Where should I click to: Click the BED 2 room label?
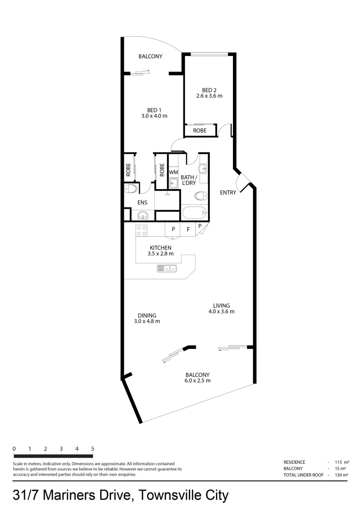[209, 90]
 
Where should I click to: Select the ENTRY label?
[228, 192]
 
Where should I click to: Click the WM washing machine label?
[173, 172]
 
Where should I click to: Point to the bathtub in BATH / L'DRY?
[194, 213]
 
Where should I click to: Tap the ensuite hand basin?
[142, 215]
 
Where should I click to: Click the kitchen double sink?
[167, 269]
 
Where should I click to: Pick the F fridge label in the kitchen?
[188, 230]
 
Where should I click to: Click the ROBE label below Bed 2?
[200, 130]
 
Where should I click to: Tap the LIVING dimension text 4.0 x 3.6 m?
[221, 311]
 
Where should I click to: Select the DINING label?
[147, 316]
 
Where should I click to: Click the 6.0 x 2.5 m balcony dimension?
[197, 381]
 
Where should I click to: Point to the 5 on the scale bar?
[93, 449]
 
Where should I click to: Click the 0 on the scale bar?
[14, 449]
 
